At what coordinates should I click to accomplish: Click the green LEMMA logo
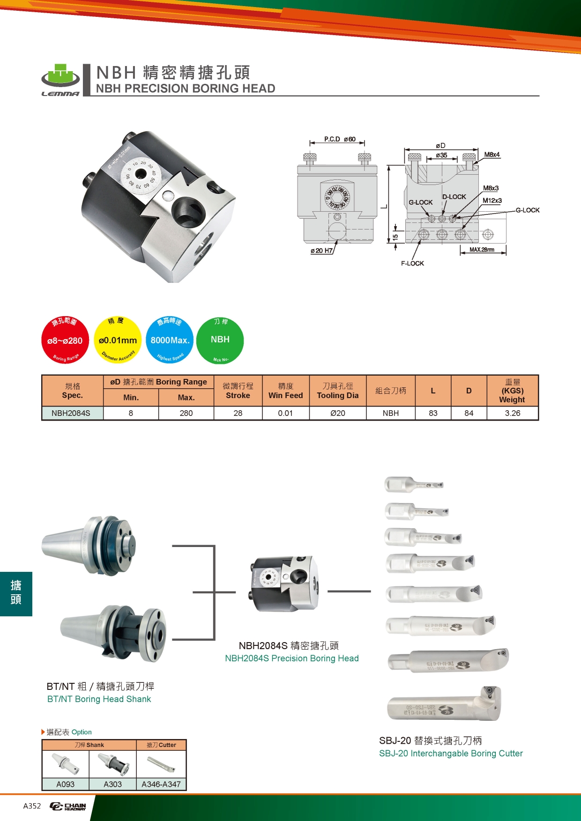(x=60, y=80)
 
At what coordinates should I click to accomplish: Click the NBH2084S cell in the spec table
(x=71, y=413)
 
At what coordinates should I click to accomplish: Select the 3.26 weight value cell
(x=513, y=413)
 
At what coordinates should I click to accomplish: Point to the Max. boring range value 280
(x=186, y=413)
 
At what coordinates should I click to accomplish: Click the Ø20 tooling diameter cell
(x=337, y=413)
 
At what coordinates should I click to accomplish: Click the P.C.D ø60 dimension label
(x=340, y=139)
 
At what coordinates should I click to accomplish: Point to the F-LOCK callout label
(x=412, y=263)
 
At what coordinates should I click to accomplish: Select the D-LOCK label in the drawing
(x=454, y=197)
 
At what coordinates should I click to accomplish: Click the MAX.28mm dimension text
(x=482, y=250)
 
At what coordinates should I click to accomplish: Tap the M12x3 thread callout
(x=492, y=200)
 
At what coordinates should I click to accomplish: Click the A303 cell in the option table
(x=112, y=784)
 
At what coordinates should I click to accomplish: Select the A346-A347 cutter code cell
(x=161, y=784)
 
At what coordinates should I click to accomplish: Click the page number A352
(x=32, y=806)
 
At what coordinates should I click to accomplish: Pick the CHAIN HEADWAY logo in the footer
(x=68, y=806)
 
